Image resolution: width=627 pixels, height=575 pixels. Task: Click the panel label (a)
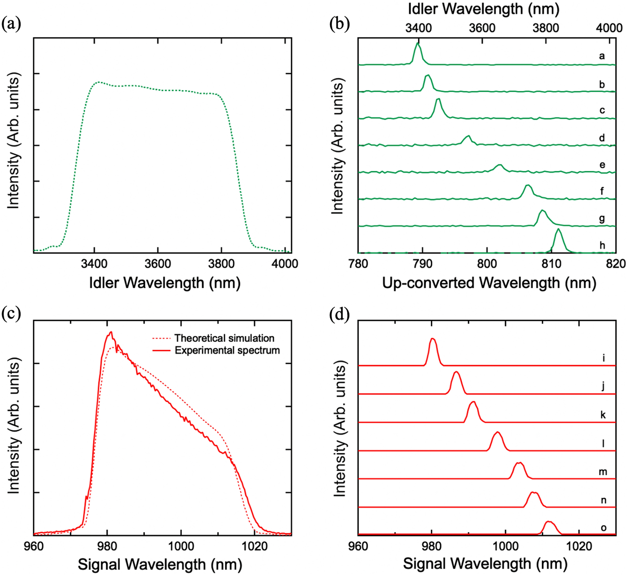pos(11,24)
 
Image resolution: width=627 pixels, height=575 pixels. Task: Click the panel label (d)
pos(339,314)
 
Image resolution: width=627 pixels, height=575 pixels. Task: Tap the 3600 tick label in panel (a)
pos(158,264)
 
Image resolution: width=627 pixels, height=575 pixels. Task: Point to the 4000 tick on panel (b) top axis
pos(609,28)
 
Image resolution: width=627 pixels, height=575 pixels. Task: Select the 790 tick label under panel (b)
pos(422,264)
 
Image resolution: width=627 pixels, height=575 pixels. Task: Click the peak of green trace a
pos(417,43)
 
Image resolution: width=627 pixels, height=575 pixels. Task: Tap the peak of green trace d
pos(468,136)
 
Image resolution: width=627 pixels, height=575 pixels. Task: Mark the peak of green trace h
pos(558,229)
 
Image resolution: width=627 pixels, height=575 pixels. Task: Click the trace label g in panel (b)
pos(602,218)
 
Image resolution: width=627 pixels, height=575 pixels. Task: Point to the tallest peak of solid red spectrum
pos(111,332)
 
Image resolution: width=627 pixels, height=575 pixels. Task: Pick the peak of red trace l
pos(498,432)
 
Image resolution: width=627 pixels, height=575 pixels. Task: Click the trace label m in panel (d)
pos(603,471)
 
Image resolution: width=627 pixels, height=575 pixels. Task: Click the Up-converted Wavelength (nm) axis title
pos(489,283)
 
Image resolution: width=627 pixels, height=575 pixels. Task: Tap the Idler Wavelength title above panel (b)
pos(483,9)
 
